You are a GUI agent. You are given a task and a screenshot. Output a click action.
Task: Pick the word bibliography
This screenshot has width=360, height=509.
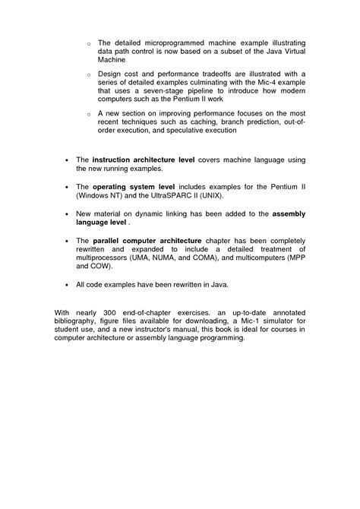(76, 321)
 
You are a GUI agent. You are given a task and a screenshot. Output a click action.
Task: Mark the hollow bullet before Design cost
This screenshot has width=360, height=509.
(89, 74)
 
